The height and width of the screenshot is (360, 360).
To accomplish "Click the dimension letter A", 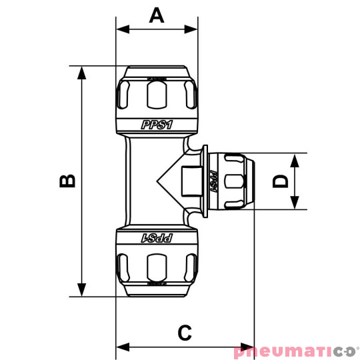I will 157,15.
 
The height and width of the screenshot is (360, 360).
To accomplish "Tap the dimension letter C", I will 185,331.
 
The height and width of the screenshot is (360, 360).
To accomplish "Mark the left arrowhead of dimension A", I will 121,29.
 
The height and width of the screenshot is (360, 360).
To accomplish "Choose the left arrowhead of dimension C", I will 121,347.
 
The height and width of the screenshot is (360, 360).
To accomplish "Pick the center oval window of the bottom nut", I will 157,267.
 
